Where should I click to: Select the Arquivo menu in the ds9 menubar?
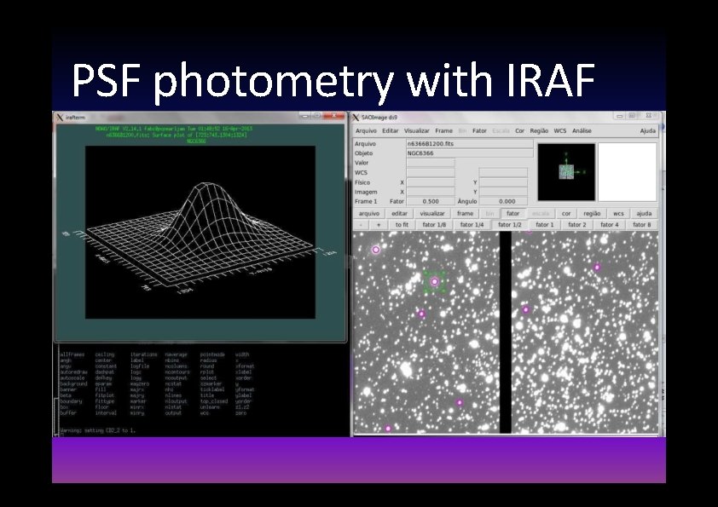pos(366,130)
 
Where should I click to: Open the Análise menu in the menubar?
pos(582,130)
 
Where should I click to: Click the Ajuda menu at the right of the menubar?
pos(647,130)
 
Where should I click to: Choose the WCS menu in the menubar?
pos(559,130)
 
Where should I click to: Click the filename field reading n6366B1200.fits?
pos(469,144)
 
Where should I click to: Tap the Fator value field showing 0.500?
pos(431,201)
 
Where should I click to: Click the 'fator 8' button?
pos(642,224)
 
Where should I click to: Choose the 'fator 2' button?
pos(577,224)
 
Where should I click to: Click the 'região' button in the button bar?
pos(592,213)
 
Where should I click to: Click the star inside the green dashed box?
pos(435,281)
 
